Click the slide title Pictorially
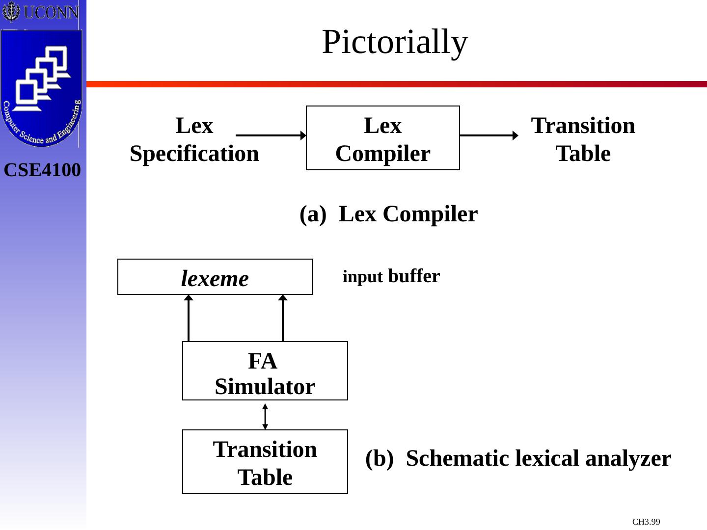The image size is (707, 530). coord(395,42)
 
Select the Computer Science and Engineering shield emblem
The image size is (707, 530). coord(41,88)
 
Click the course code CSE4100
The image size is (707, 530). coord(42,170)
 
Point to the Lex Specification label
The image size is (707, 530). coord(194,139)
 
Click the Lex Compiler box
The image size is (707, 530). coord(383,138)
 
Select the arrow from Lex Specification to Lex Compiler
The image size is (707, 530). coord(271,135)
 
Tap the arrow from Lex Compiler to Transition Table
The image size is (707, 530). coord(489,135)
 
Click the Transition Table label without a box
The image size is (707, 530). coord(583,139)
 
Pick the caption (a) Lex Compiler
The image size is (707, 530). coord(388,214)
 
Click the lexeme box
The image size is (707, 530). coord(215,277)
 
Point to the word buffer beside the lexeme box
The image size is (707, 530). coord(414,276)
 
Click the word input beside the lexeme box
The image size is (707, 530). coord(362,277)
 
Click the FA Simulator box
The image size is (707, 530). coord(265,371)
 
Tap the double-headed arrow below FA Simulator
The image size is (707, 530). coord(265,416)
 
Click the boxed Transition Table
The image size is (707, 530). coord(265,462)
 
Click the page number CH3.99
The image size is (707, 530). coord(646,522)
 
